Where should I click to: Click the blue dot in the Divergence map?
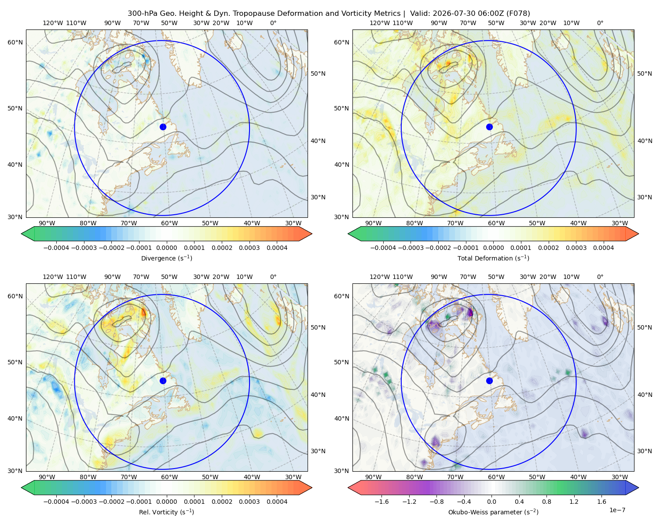tap(163, 127)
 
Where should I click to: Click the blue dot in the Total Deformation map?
tap(489, 127)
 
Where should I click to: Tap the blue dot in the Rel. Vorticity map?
tap(163, 381)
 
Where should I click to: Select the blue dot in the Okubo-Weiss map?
tap(489, 381)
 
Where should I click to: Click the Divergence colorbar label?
tap(166, 258)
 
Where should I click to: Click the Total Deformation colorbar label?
tap(493, 258)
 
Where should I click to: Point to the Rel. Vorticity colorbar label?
tap(166, 512)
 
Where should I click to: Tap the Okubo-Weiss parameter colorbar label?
tap(493, 512)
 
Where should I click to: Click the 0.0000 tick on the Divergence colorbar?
tap(166, 248)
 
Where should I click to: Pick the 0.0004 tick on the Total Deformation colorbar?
tap(604, 248)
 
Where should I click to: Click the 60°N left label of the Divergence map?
tap(15, 42)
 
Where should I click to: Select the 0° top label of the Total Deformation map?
tap(600, 23)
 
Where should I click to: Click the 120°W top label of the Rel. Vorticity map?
tap(53, 277)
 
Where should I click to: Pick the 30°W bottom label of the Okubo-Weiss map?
tap(620, 477)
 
